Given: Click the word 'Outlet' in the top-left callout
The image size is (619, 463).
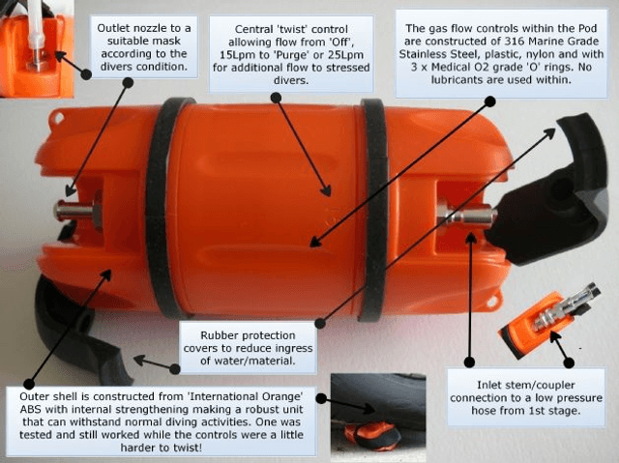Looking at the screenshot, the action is click(x=113, y=28).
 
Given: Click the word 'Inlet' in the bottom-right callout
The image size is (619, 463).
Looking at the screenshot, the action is click(x=487, y=385).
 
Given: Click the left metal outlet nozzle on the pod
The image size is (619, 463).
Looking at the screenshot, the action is click(x=78, y=210).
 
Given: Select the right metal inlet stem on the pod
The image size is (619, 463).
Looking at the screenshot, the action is click(x=466, y=215).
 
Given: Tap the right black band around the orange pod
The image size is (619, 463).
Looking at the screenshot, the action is click(x=374, y=209).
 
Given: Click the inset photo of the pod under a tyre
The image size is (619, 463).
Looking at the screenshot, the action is click(x=378, y=418).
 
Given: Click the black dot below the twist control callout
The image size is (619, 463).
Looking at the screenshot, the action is click(x=276, y=98).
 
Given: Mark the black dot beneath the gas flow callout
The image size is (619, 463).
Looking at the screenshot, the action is click(x=490, y=101).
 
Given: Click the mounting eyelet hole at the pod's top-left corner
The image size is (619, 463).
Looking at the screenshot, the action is click(x=59, y=117).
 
